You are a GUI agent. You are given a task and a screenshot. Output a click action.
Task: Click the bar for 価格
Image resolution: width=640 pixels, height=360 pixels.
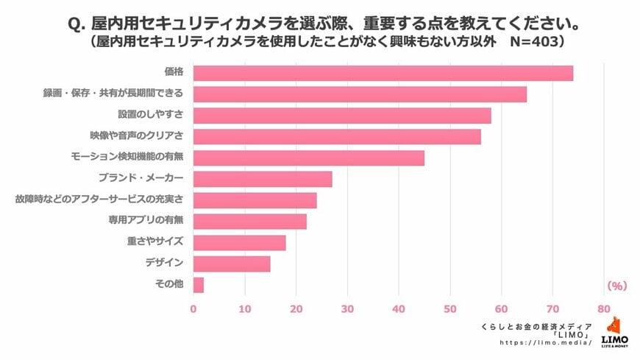point(383,73)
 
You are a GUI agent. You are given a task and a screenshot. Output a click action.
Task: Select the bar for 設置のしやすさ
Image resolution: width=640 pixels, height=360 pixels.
point(342,116)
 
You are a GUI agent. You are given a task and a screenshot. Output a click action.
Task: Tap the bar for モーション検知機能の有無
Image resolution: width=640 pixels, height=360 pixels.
point(308,158)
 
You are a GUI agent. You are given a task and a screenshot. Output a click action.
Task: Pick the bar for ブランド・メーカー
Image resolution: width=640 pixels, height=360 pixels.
point(263,179)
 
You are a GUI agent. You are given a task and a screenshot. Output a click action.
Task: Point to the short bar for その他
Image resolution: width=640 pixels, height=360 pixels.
point(198,285)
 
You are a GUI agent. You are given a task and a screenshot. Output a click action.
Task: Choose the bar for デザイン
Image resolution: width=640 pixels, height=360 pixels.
point(232,264)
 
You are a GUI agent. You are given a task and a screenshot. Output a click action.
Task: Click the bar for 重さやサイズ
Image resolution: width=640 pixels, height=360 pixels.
point(239,242)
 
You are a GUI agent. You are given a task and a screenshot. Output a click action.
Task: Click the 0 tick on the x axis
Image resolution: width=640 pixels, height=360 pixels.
point(193,309)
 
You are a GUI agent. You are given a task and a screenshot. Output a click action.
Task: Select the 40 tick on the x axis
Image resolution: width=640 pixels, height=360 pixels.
point(399,309)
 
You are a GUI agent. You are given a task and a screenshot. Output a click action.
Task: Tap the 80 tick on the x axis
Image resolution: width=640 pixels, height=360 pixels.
point(604,309)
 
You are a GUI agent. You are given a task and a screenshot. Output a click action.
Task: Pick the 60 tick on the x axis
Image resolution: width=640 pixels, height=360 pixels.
point(501,309)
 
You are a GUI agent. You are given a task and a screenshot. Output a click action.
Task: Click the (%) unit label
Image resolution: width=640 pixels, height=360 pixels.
point(616,285)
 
